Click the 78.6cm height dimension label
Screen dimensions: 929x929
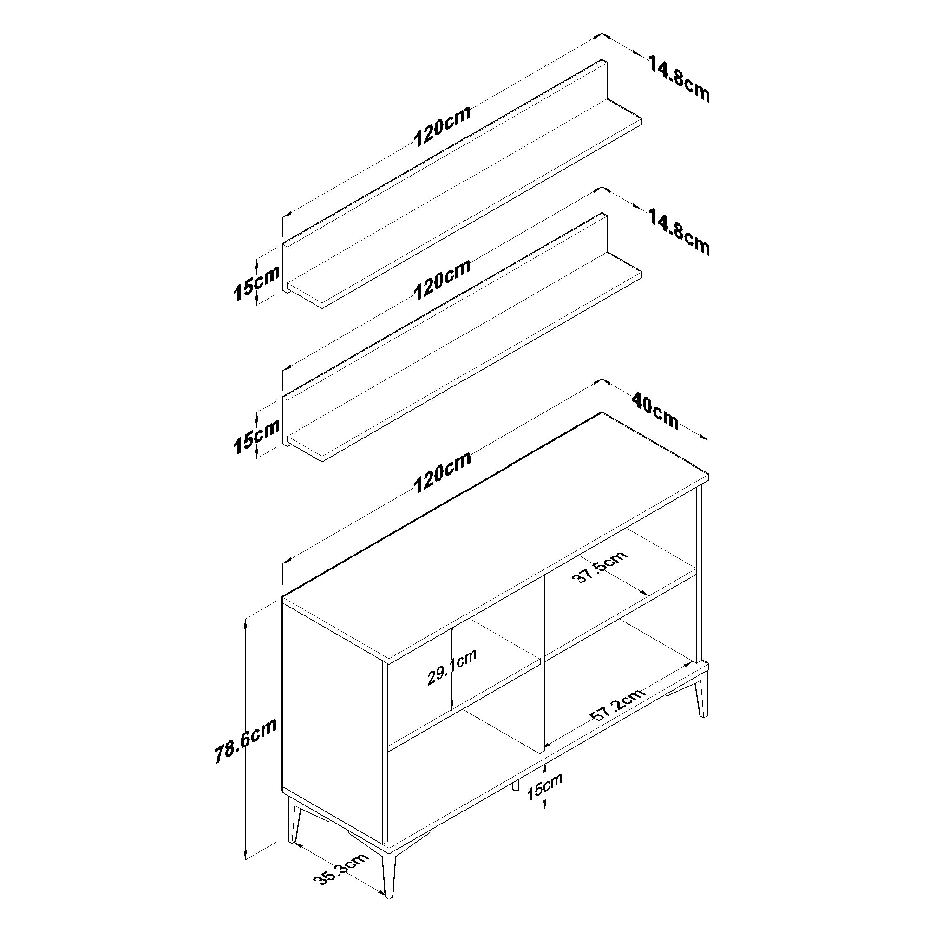(x=245, y=747)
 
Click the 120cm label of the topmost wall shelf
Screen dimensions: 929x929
(x=442, y=126)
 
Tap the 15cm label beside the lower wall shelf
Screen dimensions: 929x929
(x=256, y=437)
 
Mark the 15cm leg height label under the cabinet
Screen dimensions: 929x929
(x=545, y=793)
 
